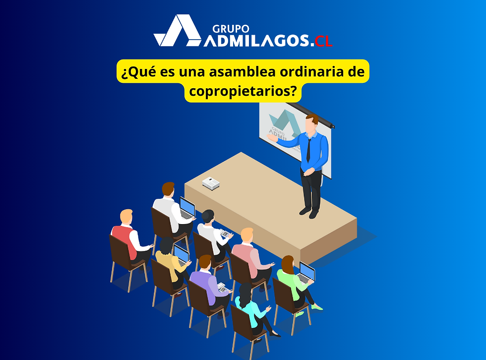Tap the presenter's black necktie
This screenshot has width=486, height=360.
pyautogui.click(x=308, y=148)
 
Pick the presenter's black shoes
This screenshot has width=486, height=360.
pyautogui.click(x=308, y=212)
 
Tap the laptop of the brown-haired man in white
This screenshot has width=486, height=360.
pyautogui.click(x=186, y=207)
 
